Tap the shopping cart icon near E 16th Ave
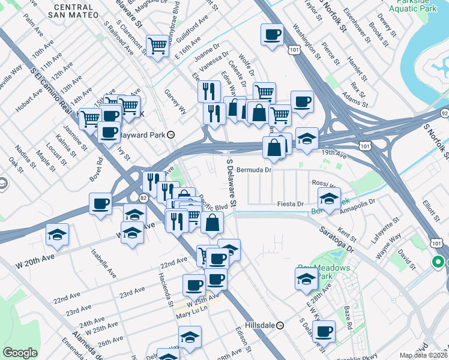pyautogui.click(x=157, y=44)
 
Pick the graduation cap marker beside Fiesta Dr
pyautogui.click(x=328, y=197)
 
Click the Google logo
pyautogui.click(x=20, y=353)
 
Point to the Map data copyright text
pyautogui.click(x=423, y=355)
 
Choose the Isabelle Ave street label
pyautogui.click(x=103, y=263)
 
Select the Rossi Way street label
pyautogui.click(x=323, y=184)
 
